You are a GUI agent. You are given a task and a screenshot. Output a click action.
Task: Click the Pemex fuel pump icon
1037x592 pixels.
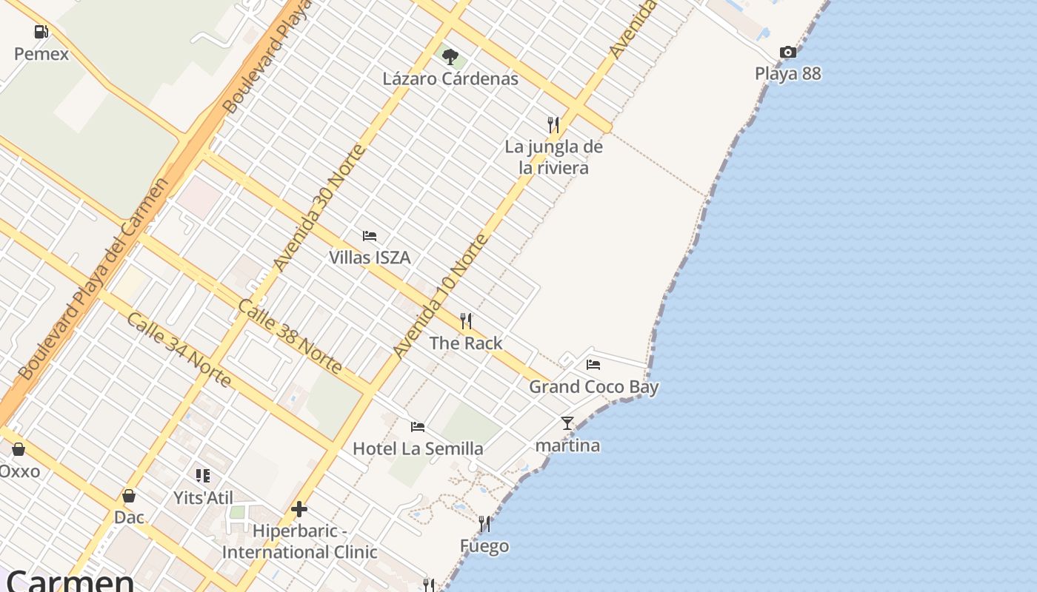41,32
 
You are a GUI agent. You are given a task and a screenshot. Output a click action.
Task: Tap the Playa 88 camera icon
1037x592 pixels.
788,52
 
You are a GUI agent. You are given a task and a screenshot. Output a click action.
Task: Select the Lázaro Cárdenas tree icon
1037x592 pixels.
450,56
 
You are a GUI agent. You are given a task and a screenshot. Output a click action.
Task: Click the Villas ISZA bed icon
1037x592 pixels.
370,236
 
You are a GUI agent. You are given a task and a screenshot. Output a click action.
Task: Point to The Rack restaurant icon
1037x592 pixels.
466,321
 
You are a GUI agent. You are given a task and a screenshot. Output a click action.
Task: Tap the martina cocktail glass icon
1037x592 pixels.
567,423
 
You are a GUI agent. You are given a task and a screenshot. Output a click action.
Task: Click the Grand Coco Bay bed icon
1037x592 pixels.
593,364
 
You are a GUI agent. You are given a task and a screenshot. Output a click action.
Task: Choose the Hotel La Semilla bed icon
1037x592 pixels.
418,427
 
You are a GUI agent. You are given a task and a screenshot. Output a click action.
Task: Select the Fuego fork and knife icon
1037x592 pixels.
484,524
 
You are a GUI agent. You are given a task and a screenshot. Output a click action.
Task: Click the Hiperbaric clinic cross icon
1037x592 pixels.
299,509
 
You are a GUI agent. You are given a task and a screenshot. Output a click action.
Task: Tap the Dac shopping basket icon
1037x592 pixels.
129,495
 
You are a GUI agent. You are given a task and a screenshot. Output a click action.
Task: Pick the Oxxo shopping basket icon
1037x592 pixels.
19,449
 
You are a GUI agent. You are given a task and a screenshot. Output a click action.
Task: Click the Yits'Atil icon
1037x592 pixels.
203,476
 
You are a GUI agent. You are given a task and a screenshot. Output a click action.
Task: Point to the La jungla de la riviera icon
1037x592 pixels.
553,124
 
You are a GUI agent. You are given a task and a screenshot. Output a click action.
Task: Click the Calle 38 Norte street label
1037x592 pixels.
290,336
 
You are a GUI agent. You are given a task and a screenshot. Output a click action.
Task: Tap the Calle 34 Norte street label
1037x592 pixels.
179,349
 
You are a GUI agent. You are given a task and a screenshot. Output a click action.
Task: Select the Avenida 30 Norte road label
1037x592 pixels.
319,208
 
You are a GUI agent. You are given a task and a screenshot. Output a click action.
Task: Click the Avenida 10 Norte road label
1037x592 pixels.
441,296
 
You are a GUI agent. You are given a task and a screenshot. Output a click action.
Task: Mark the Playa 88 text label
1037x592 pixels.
788,73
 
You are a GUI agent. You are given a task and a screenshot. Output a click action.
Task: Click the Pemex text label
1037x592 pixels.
41,54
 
